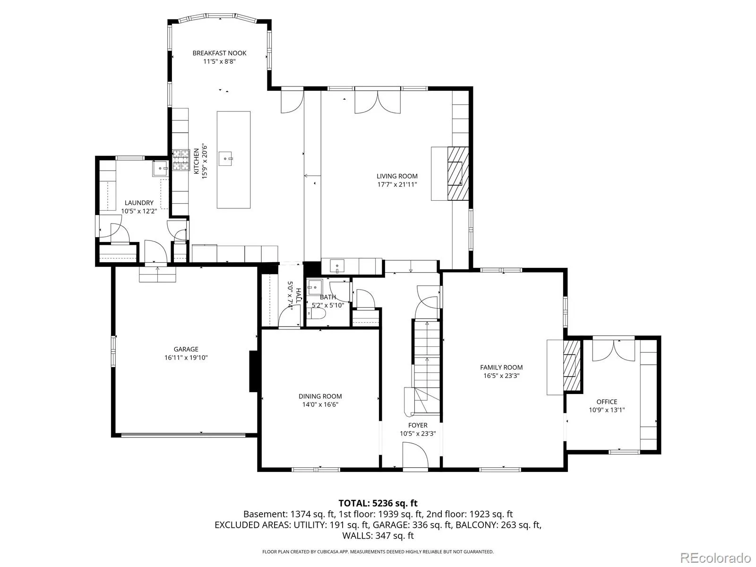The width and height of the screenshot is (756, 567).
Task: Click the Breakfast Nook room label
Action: tap(219, 53)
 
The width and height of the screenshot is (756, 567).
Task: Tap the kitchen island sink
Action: tap(225, 158)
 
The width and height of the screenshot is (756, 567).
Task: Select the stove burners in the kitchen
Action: tap(181, 160)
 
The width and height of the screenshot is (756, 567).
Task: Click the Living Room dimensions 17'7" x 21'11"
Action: tap(397, 184)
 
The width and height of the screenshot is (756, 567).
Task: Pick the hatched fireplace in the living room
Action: tap(458, 173)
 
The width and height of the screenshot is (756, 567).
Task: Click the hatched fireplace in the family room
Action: tap(571, 365)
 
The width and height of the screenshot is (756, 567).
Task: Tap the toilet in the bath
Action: tap(316, 313)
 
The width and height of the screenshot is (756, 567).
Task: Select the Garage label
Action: tap(186, 349)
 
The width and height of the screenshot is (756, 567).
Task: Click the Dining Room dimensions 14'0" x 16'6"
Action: tap(320, 404)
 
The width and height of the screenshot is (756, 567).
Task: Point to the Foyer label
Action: tap(418, 425)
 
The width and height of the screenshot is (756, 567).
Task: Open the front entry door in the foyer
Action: tap(415, 455)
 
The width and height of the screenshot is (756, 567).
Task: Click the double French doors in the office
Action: tap(613, 351)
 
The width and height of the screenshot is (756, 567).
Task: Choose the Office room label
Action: tap(607, 402)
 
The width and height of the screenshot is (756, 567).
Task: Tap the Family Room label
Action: tap(501, 367)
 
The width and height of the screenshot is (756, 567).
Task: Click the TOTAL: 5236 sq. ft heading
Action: tap(378, 503)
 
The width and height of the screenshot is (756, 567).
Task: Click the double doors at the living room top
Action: tap(378, 102)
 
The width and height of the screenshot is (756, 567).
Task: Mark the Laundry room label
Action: tap(139, 203)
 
